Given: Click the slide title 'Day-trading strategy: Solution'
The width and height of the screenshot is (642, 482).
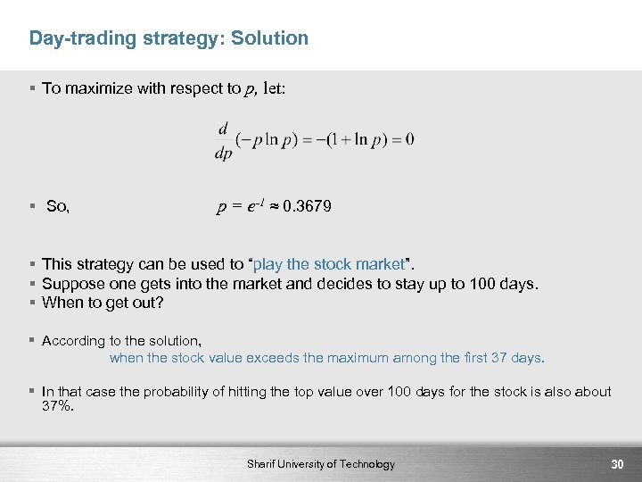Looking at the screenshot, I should [x=169, y=38].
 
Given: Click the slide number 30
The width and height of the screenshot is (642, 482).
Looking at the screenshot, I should [x=616, y=464].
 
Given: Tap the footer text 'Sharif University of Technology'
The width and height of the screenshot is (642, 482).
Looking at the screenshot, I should [x=321, y=464].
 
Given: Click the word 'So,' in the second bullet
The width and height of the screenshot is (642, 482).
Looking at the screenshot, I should [x=58, y=207].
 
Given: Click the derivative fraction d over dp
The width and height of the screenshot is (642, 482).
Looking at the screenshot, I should [x=223, y=141].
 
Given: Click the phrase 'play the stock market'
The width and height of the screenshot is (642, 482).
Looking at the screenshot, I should [x=332, y=264].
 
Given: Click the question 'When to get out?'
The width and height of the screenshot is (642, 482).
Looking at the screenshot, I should [x=103, y=303].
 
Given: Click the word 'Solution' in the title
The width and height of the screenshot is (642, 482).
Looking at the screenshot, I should [x=273, y=38].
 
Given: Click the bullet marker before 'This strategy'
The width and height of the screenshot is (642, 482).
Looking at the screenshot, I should [x=32, y=264].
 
